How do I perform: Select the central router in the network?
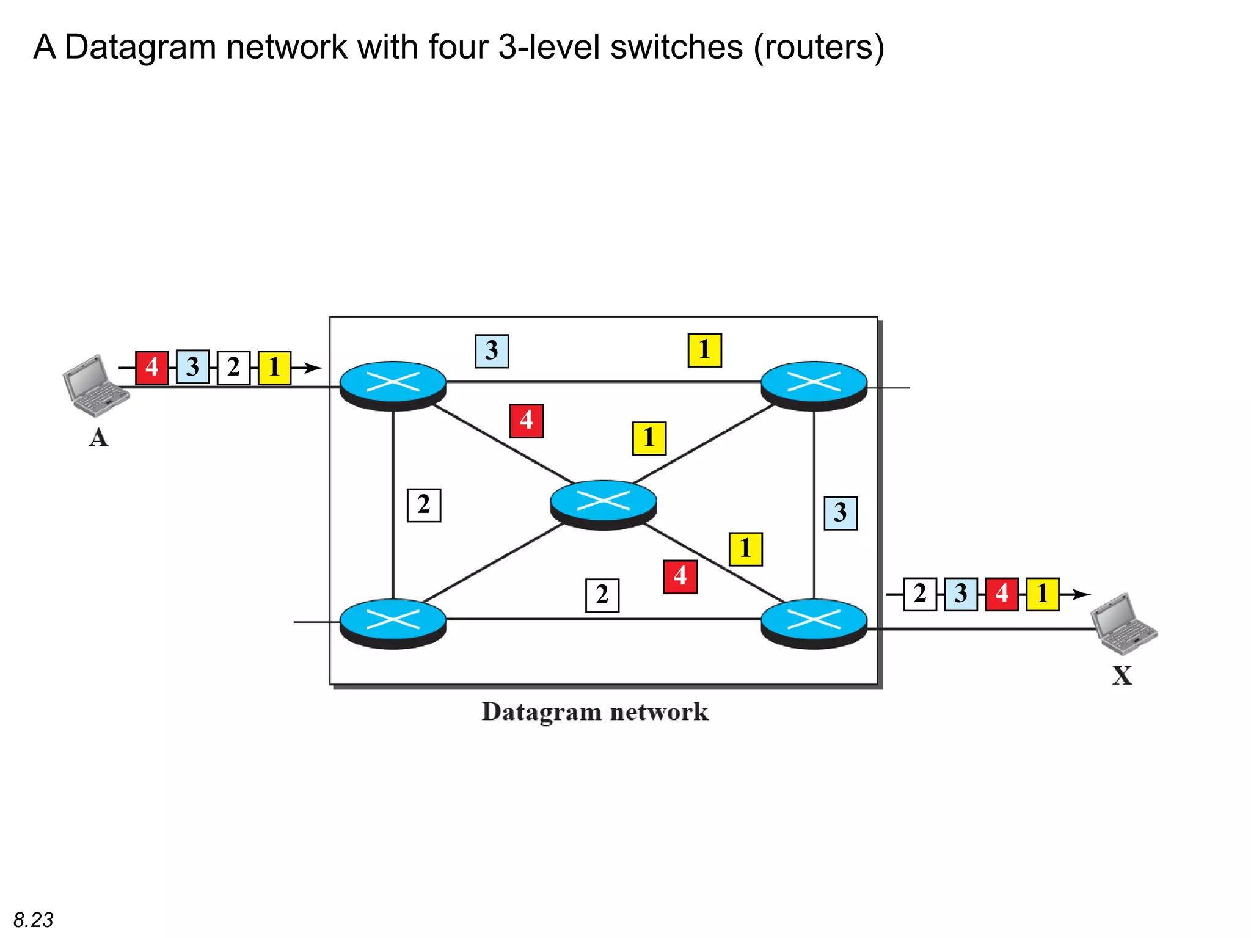(x=603, y=504)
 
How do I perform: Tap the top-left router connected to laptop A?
(x=393, y=385)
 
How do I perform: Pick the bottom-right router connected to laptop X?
(x=814, y=622)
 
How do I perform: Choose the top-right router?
(x=814, y=385)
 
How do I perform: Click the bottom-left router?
(x=393, y=622)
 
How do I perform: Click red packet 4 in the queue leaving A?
(x=152, y=368)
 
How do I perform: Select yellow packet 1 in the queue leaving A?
(x=274, y=368)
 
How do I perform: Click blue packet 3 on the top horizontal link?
(x=492, y=351)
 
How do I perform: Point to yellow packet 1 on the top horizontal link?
(x=704, y=351)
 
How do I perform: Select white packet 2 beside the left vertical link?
(x=424, y=505)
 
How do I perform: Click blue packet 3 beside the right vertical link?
(x=841, y=513)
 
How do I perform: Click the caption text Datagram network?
(x=594, y=712)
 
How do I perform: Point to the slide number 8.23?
(x=34, y=920)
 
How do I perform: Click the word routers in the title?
(x=819, y=47)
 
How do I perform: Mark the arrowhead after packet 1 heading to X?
(x=1082, y=594)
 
